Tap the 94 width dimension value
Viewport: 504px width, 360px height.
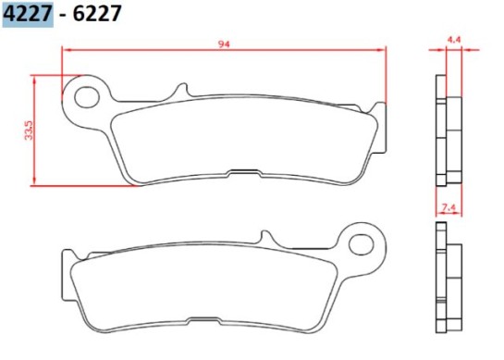[224, 43]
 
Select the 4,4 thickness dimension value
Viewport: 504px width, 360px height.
[453, 40]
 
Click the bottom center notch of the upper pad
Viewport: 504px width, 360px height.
[244, 171]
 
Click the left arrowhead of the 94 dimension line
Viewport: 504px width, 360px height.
[65, 51]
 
